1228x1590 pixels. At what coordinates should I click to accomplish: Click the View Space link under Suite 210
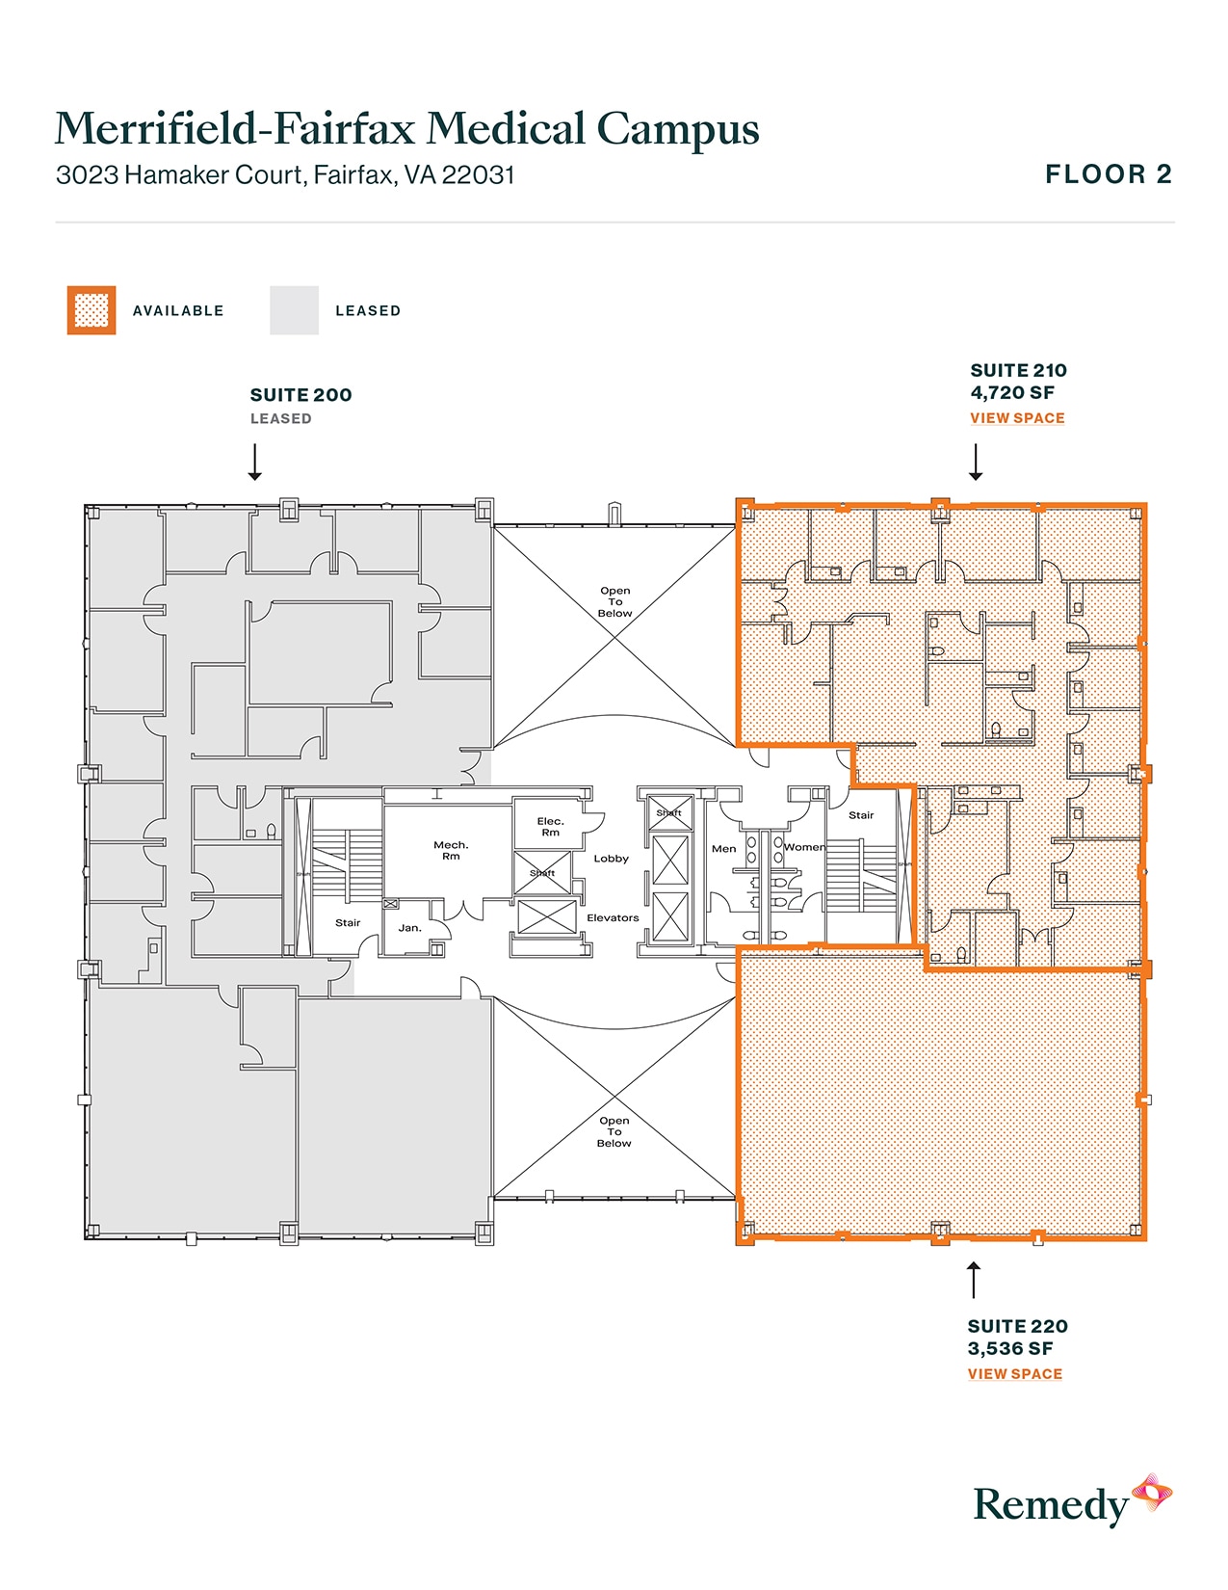1017,418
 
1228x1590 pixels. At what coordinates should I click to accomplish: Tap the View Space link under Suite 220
1014,1374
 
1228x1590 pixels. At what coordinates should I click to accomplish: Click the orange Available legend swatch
91,310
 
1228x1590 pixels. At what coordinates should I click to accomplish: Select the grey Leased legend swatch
294,310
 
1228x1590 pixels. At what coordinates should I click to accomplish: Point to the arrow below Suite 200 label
255,462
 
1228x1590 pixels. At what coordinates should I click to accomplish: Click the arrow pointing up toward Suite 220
974,1280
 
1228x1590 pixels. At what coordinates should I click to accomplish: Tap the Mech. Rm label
451,850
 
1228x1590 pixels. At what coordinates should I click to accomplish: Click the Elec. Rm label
550,827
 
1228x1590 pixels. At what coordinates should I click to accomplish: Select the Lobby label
611,859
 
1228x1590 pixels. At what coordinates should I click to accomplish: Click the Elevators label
613,918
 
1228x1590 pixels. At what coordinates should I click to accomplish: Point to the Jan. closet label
409,928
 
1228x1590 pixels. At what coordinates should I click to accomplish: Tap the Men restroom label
723,849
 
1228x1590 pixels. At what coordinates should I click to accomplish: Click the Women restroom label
804,848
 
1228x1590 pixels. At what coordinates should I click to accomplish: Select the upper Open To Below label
614,601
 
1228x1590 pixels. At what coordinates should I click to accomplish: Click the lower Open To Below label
614,1131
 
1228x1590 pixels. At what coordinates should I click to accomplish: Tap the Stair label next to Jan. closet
348,923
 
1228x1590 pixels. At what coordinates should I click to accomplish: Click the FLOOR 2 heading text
1108,174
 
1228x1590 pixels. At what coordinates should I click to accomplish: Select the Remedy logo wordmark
1050,1504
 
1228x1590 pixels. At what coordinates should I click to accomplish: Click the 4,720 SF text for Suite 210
1012,393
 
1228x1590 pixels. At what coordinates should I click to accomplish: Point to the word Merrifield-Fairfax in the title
235,129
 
